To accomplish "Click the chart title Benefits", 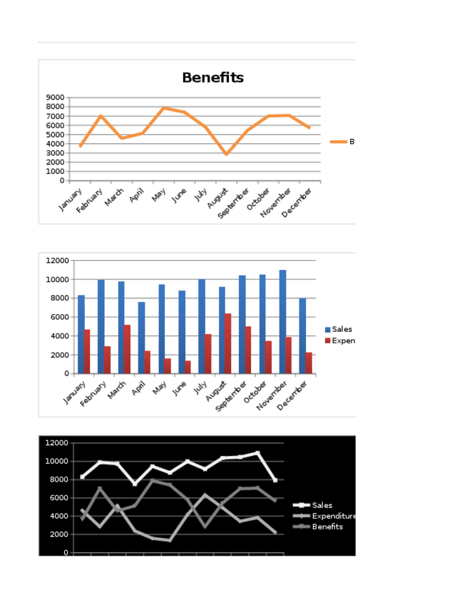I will [x=212, y=78].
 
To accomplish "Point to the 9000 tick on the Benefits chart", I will [x=55, y=98].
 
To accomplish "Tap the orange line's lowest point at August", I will [x=226, y=154].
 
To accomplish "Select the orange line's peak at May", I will [x=164, y=108].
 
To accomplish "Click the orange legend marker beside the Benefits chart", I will [x=338, y=142].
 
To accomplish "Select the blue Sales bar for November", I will [x=282, y=321].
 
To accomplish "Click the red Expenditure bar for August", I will [x=228, y=343].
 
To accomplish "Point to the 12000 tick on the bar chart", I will [x=58, y=261].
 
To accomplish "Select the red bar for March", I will [x=127, y=349].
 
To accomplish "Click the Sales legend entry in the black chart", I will [x=321, y=505].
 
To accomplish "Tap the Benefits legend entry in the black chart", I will [x=327, y=526].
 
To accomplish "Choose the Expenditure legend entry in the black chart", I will [x=332, y=516].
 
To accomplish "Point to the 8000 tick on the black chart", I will [x=58, y=479].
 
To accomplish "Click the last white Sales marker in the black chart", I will [x=275, y=480].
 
